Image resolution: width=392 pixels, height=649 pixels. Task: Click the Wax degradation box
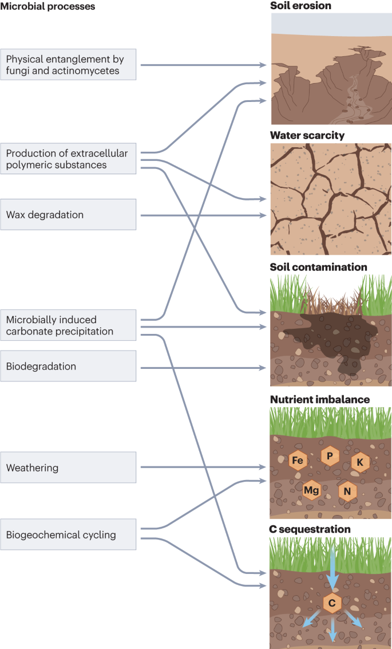pyautogui.click(x=68, y=215)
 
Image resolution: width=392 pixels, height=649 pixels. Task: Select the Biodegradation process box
pyautogui.click(x=68, y=366)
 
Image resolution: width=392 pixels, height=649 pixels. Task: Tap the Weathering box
pyautogui.click(x=68, y=467)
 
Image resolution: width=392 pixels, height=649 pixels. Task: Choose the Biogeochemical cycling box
pyautogui.click(x=68, y=535)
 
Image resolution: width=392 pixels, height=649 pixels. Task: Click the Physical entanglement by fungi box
pyautogui.click(x=68, y=64)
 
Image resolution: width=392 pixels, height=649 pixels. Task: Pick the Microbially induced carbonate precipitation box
pyautogui.click(x=68, y=325)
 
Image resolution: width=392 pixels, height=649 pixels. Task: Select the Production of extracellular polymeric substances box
pyautogui.click(x=68, y=159)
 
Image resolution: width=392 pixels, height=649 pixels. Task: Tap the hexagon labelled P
pyautogui.click(x=329, y=456)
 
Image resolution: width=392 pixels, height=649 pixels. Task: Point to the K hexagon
pyautogui.click(x=360, y=462)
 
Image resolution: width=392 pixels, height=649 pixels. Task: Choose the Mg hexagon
pyautogui.click(x=311, y=490)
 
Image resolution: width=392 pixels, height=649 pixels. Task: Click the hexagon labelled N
pyautogui.click(x=347, y=491)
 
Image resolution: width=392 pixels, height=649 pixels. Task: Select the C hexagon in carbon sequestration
pyautogui.click(x=332, y=603)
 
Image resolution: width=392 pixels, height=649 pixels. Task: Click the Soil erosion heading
pyautogui.click(x=300, y=6)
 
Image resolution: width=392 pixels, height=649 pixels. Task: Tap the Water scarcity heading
pyautogui.click(x=307, y=136)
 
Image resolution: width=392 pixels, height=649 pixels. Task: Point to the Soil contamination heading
pyautogui.click(x=318, y=267)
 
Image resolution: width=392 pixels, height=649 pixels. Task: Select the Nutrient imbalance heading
pyautogui.click(x=320, y=399)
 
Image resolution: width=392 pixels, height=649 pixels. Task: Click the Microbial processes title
pyautogui.click(x=47, y=6)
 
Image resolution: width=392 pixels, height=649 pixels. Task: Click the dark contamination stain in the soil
pyautogui.click(x=332, y=338)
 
